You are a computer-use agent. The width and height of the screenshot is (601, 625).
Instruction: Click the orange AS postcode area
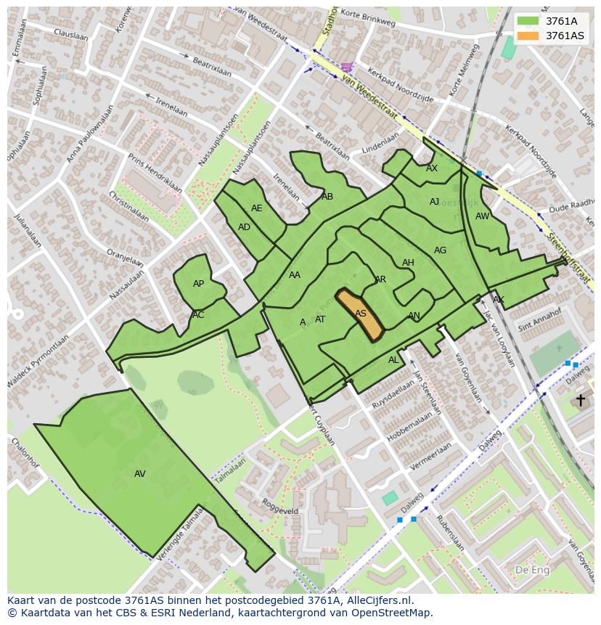coord(360,314)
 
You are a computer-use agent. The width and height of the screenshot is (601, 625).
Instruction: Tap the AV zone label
coord(140,474)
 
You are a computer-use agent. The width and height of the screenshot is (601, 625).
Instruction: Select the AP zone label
coord(198,284)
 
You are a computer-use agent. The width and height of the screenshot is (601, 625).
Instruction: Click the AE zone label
coord(257,208)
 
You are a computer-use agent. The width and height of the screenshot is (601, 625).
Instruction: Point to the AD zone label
coord(244,227)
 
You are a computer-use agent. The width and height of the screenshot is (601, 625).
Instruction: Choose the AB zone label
coord(327,197)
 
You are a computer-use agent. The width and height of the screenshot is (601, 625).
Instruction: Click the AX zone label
coord(432,168)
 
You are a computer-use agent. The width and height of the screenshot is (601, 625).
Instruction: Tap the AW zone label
coord(482,216)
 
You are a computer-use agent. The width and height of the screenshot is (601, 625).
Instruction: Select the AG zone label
coord(440,250)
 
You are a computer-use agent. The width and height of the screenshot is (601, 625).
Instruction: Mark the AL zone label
coord(393,360)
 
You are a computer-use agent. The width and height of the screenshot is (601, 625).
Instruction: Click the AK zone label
coord(498,300)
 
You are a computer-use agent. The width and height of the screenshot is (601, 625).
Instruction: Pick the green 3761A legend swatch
coord(528,21)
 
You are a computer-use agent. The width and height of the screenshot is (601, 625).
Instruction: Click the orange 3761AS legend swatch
coord(528,36)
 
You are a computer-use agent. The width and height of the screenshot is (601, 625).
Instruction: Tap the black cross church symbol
coord(580,400)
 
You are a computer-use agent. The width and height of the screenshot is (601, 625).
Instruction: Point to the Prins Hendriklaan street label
coord(155,173)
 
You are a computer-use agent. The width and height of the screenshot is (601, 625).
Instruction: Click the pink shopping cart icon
coord(348,67)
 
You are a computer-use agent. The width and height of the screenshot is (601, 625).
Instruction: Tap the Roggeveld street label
coord(280,506)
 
